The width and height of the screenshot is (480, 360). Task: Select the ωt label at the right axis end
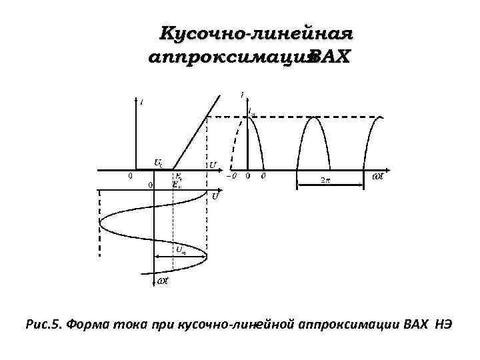click(x=377, y=177)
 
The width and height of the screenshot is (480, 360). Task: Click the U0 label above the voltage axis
click(x=158, y=162)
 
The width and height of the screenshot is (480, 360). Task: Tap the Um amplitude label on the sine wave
click(x=181, y=249)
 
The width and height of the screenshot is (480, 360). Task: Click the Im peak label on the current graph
click(x=253, y=113)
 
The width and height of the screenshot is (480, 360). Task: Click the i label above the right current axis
click(x=242, y=96)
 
